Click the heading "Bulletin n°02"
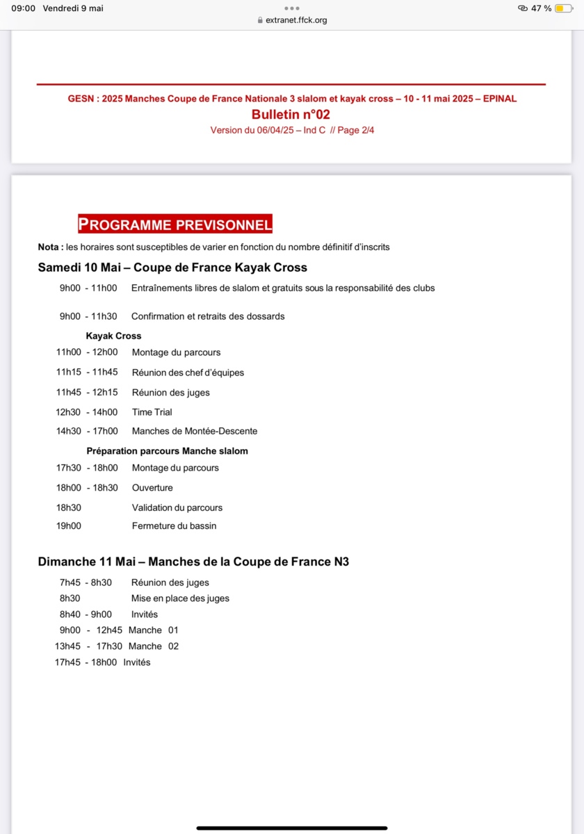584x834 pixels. (x=291, y=115)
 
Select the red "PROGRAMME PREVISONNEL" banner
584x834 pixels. (x=175, y=224)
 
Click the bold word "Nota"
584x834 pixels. (x=49, y=247)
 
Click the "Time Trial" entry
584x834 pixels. (x=152, y=412)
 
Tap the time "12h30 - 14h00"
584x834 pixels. (x=87, y=412)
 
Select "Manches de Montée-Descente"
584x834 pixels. (x=195, y=432)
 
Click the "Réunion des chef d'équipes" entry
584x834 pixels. (x=188, y=373)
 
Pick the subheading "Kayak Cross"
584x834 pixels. (x=113, y=336)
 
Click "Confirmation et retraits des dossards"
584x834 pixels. (x=208, y=316)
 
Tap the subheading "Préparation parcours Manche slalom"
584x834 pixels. (x=167, y=451)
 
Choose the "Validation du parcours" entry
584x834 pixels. (x=177, y=508)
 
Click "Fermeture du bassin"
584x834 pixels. (x=174, y=526)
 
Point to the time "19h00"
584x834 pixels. (x=69, y=526)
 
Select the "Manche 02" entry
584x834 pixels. (x=154, y=646)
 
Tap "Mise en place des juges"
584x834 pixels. (x=180, y=598)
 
